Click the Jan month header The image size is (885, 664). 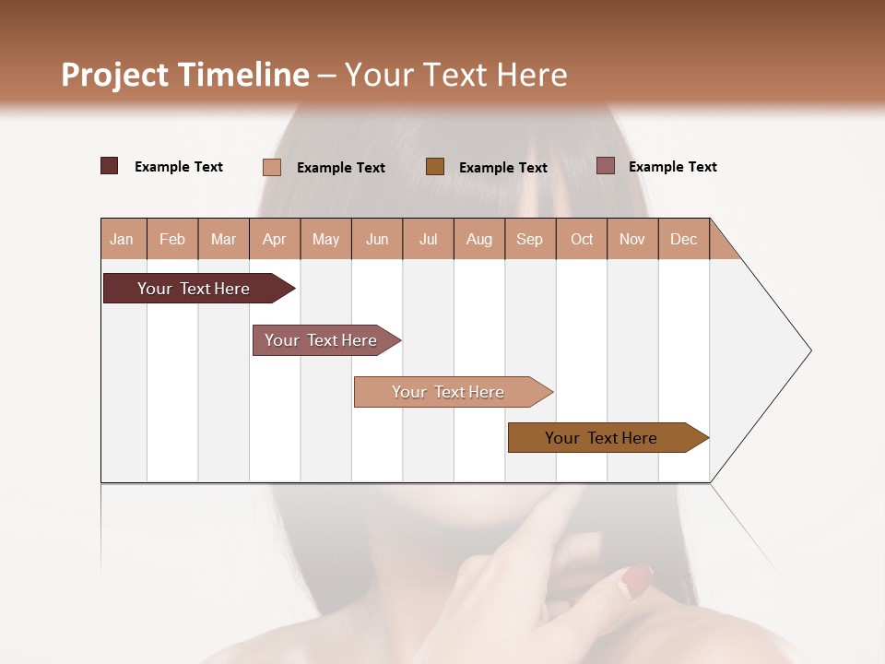[x=123, y=239]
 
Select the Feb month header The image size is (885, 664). [x=172, y=239]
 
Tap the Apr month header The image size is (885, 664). [x=275, y=239]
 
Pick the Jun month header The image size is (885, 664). [x=377, y=239]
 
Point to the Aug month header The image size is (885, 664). [x=479, y=239]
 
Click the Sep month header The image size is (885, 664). [x=530, y=239]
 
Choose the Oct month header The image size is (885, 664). [x=582, y=239]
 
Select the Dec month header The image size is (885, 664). [x=684, y=239]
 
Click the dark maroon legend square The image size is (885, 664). [x=110, y=166]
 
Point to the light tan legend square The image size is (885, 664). [x=272, y=167]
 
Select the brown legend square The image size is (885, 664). [x=435, y=167]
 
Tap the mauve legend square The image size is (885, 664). [x=606, y=166]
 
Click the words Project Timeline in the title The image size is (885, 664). [x=185, y=75]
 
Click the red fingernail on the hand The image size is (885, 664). [x=637, y=578]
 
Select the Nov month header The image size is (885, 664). [x=632, y=239]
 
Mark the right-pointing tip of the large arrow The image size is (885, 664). [x=809, y=350]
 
